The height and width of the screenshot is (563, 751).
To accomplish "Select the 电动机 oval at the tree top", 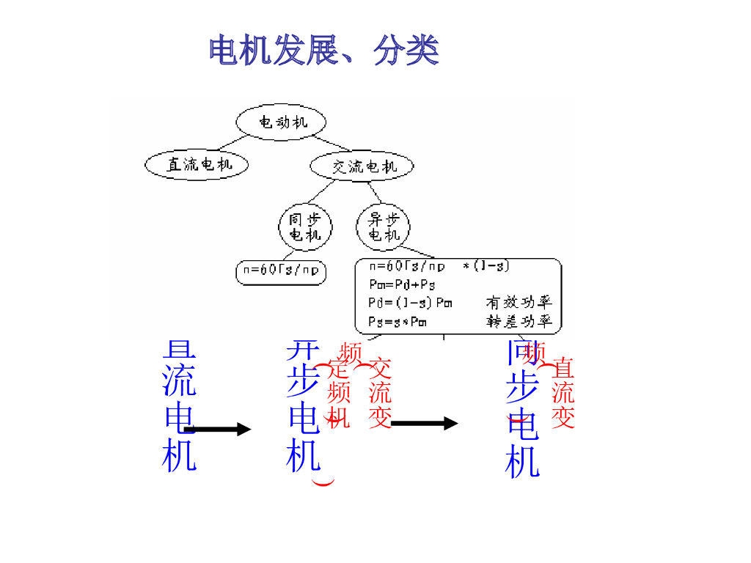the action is click(282, 122).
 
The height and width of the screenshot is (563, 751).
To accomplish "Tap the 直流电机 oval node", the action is click(197, 164).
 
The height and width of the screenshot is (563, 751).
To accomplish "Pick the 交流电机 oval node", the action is click(362, 166).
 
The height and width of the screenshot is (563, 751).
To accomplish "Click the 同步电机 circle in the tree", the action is click(304, 227).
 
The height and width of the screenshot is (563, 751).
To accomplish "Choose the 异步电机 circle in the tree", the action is click(383, 227).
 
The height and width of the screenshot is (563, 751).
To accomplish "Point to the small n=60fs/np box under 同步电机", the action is click(281, 271).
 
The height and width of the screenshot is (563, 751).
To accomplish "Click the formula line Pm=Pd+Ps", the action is click(401, 284).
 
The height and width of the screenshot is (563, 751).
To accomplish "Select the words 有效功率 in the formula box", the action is click(519, 302).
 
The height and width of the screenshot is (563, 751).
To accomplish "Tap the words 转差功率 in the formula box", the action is click(519, 321).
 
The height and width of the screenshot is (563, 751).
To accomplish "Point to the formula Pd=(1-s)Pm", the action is click(410, 302).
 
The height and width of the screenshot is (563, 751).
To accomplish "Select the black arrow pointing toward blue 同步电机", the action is click(425, 423).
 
